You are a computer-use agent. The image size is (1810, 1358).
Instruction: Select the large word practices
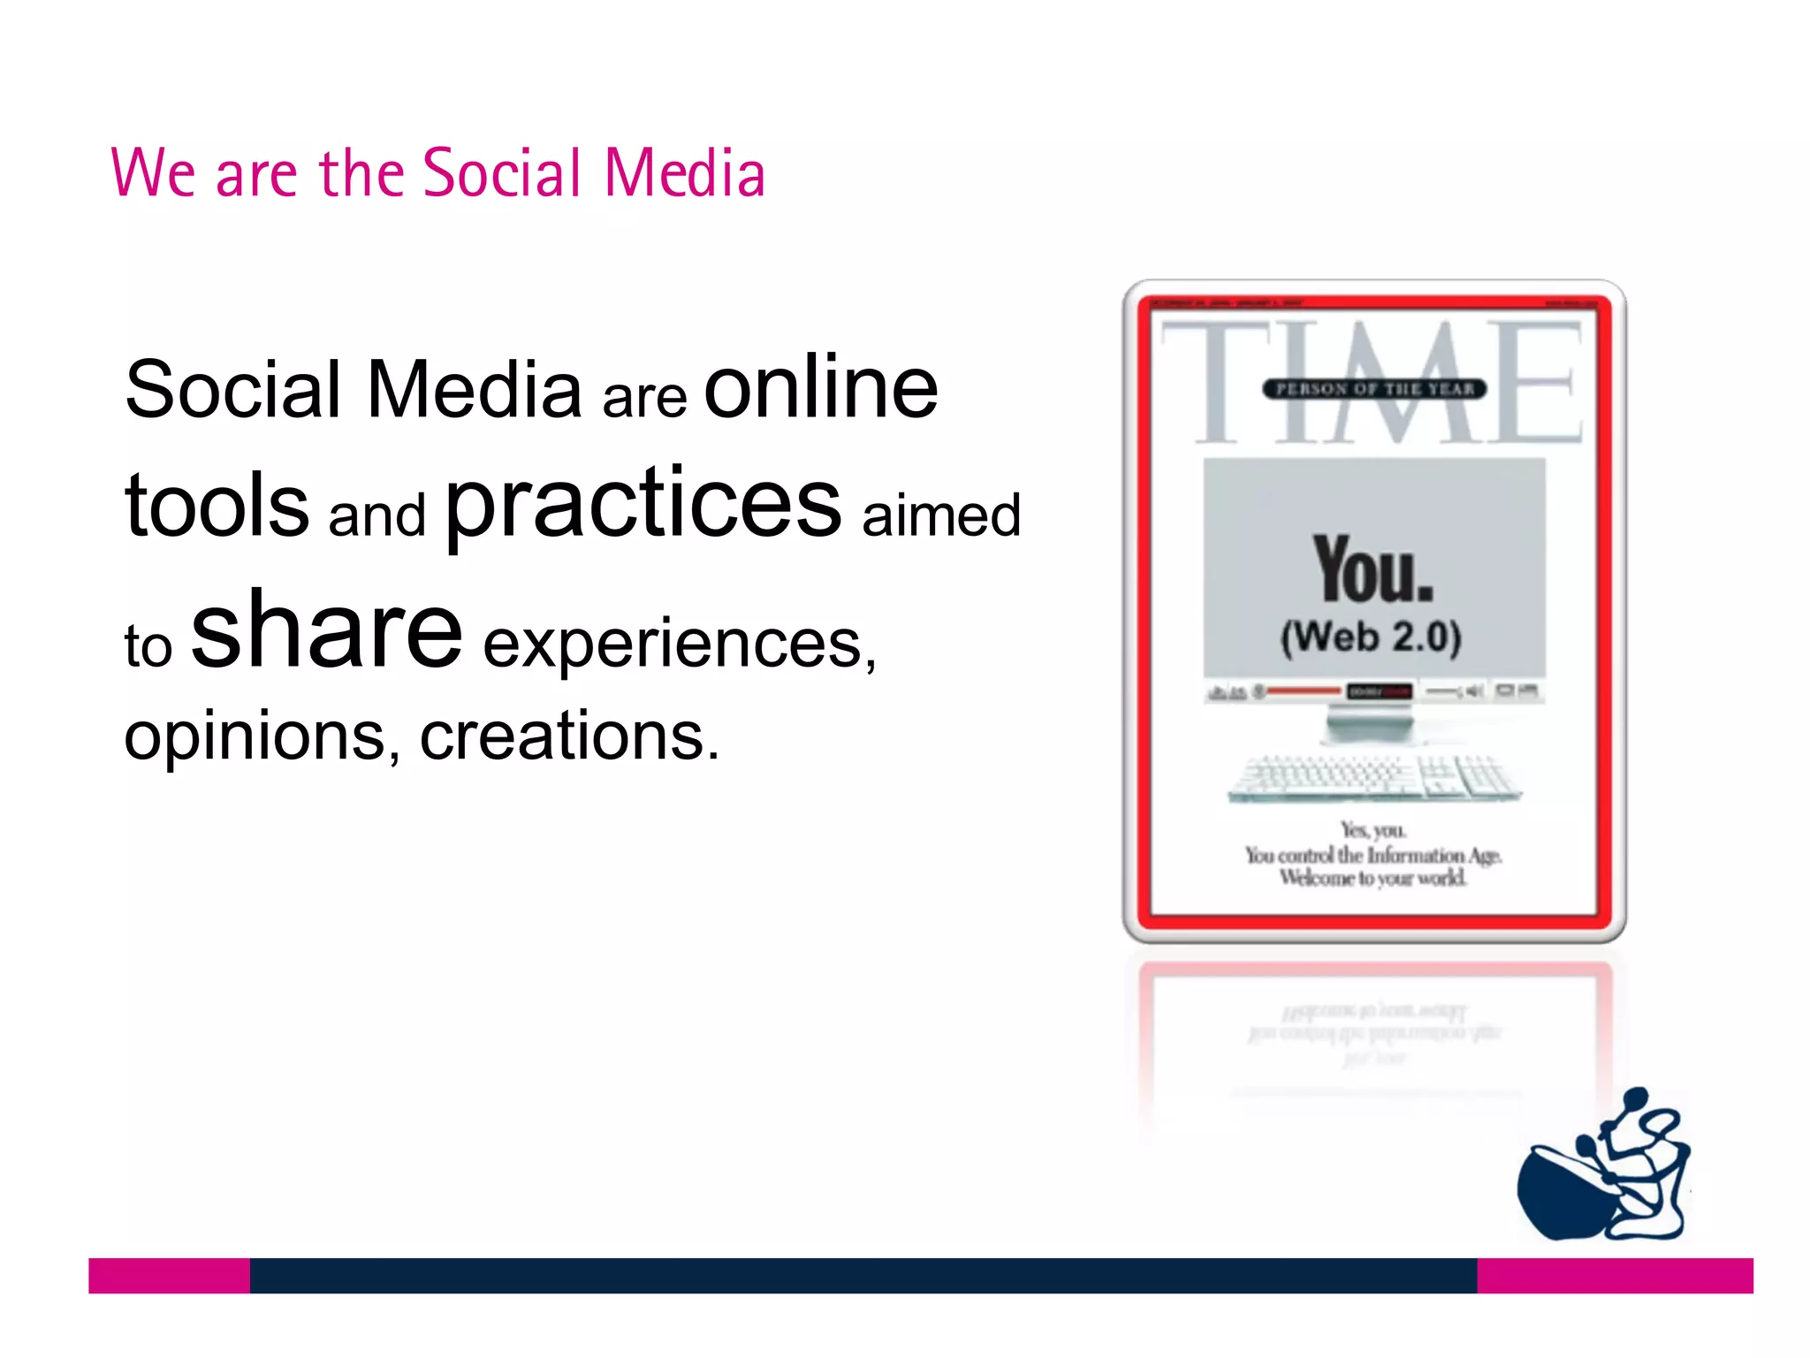(x=643, y=505)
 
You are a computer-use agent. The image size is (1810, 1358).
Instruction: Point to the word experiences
(x=679, y=645)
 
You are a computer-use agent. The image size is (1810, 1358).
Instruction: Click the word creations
(x=569, y=736)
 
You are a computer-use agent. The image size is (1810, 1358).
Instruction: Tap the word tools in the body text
(x=217, y=505)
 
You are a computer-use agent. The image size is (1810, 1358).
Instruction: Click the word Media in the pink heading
(x=685, y=173)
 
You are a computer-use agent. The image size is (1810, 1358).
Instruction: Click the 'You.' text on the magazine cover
(x=1373, y=571)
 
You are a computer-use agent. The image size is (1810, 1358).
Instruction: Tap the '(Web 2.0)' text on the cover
(x=1372, y=637)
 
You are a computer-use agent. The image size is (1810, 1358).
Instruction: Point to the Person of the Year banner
(x=1374, y=389)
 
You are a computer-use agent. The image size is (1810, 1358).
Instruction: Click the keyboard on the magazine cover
(x=1374, y=778)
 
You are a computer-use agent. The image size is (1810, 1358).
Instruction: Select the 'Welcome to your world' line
(x=1373, y=878)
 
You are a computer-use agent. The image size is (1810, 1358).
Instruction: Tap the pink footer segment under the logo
(x=1615, y=1275)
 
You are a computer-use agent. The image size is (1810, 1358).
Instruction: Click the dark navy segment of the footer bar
(x=863, y=1275)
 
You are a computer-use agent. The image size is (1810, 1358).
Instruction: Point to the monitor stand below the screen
(x=1369, y=727)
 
